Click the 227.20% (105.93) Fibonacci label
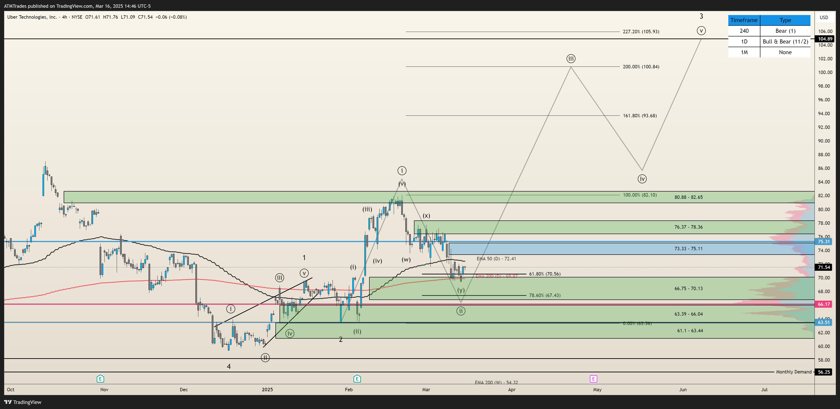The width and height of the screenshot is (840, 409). [x=641, y=32]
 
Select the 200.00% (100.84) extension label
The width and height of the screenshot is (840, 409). [x=641, y=66]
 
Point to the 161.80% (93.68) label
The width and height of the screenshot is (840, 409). [x=639, y=115]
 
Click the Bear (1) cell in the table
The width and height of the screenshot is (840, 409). [x=785, y=31]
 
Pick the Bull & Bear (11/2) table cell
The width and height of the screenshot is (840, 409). [x=785, y=41]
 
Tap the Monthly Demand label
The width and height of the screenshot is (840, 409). [x=793, y=372]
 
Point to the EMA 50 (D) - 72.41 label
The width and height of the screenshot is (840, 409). [x=496, y=258]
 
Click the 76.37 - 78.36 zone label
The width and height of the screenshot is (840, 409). [x=688, y=227]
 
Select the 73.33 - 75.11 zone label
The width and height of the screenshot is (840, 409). [x=688, y=248]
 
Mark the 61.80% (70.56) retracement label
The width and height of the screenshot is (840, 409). [x=545, y=274]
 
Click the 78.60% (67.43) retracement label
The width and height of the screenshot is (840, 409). [x=545, y=295]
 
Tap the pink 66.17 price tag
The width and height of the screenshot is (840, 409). [x=824, y=304]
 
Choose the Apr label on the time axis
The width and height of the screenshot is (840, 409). [x=512, y=389]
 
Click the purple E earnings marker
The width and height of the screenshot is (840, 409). [x=593, y=379]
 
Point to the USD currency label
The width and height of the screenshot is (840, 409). [x=824, y=18]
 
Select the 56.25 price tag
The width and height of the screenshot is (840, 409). [x=824, y=372]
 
